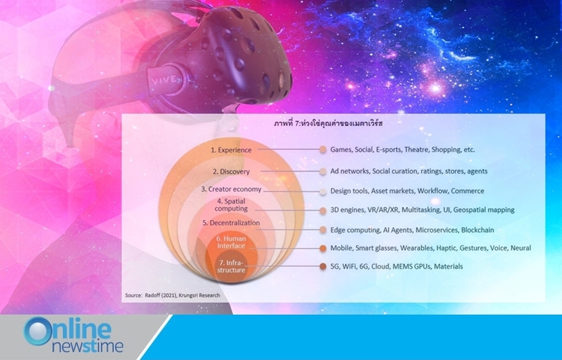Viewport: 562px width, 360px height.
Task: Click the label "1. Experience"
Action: (x=231, y=150)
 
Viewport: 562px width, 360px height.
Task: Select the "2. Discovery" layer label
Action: (x=231, y=172)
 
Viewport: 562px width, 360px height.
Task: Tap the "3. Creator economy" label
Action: (x=231, y=189)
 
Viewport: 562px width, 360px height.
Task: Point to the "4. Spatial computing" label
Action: (x=231, y=205)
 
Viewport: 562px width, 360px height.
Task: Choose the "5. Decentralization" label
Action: (x=231, y=223)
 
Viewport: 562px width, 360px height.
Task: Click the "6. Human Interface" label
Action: (x=231, y=242)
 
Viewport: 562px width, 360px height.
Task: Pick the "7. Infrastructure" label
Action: (x=231, y=266)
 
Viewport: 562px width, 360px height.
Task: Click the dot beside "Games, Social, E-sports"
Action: (x=323, y=149)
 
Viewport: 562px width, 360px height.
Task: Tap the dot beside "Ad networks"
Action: (x=323, y=171)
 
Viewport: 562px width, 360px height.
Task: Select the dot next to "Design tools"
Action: (x=323, y=191)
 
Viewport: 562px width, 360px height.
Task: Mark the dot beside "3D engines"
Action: (x=323, y=211)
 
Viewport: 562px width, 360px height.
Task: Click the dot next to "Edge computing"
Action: (x=323, y=230)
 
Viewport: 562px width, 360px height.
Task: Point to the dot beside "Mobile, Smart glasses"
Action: (x=323, y=249)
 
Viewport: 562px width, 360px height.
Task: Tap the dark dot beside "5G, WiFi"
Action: (x=323, y=266)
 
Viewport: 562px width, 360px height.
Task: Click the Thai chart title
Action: (x=328, y=124)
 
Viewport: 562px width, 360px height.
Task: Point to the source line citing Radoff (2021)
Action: (x=173, y=295)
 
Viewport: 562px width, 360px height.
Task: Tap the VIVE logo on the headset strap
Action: (x=165, y=80)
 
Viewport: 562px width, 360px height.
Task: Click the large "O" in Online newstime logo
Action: (x=37, y=331)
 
